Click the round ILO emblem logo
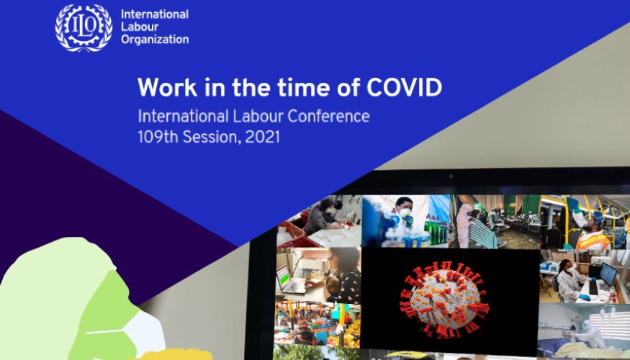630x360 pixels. [84, 28]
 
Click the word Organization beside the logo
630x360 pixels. [155, 40]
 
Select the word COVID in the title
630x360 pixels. [404, 87]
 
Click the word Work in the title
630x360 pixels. [167, 87]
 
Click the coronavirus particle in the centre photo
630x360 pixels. [444, 300]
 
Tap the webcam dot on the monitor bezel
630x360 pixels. [451, 176]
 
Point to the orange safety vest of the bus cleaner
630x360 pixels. [593, 240]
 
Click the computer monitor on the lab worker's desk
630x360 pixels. [607, 275]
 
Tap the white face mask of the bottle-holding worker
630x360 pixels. [404, 212]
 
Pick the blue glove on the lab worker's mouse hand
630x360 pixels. [585, 297]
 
